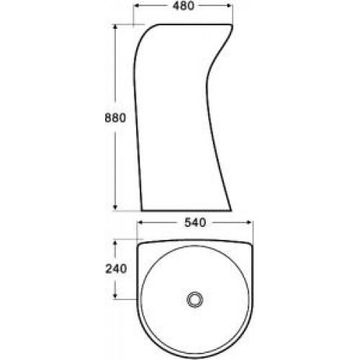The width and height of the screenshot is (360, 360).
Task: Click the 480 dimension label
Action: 183,6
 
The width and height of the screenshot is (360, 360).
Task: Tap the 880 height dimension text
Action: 115,118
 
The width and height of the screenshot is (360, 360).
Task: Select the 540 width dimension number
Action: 195,222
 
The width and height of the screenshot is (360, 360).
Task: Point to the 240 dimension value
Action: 116,269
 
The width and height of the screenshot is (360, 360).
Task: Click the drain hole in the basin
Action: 195,300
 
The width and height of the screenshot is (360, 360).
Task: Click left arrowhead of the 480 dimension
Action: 136,6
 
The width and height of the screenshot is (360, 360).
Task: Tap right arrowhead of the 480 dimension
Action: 230,6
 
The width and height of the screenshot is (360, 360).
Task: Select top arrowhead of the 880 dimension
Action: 115,27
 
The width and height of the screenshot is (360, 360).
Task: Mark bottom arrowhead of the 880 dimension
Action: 115,208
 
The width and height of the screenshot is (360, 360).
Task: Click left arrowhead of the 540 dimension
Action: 140,222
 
